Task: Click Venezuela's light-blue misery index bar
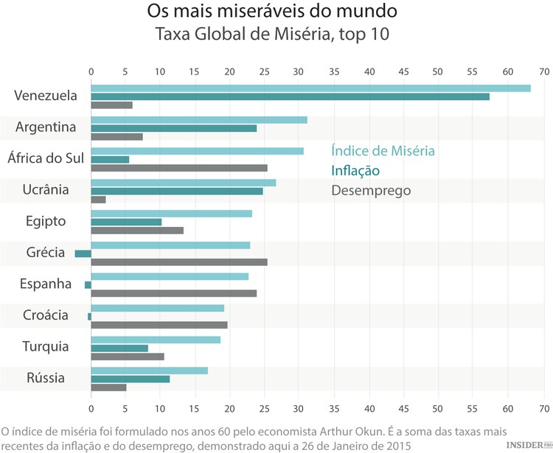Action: [310, 88]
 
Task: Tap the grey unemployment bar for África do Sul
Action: [178, 168]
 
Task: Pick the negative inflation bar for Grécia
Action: [83, 253]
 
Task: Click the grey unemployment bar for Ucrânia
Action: [98, 200]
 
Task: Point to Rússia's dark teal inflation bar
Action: [130, 379]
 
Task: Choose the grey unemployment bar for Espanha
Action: [173, 293]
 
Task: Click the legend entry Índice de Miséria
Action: [383, 151]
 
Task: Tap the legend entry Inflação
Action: [355, 171]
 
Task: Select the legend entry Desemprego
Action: [371, 190]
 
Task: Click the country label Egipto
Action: [45, 221]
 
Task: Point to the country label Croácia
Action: [45, 315]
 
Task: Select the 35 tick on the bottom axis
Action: [334, 407]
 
